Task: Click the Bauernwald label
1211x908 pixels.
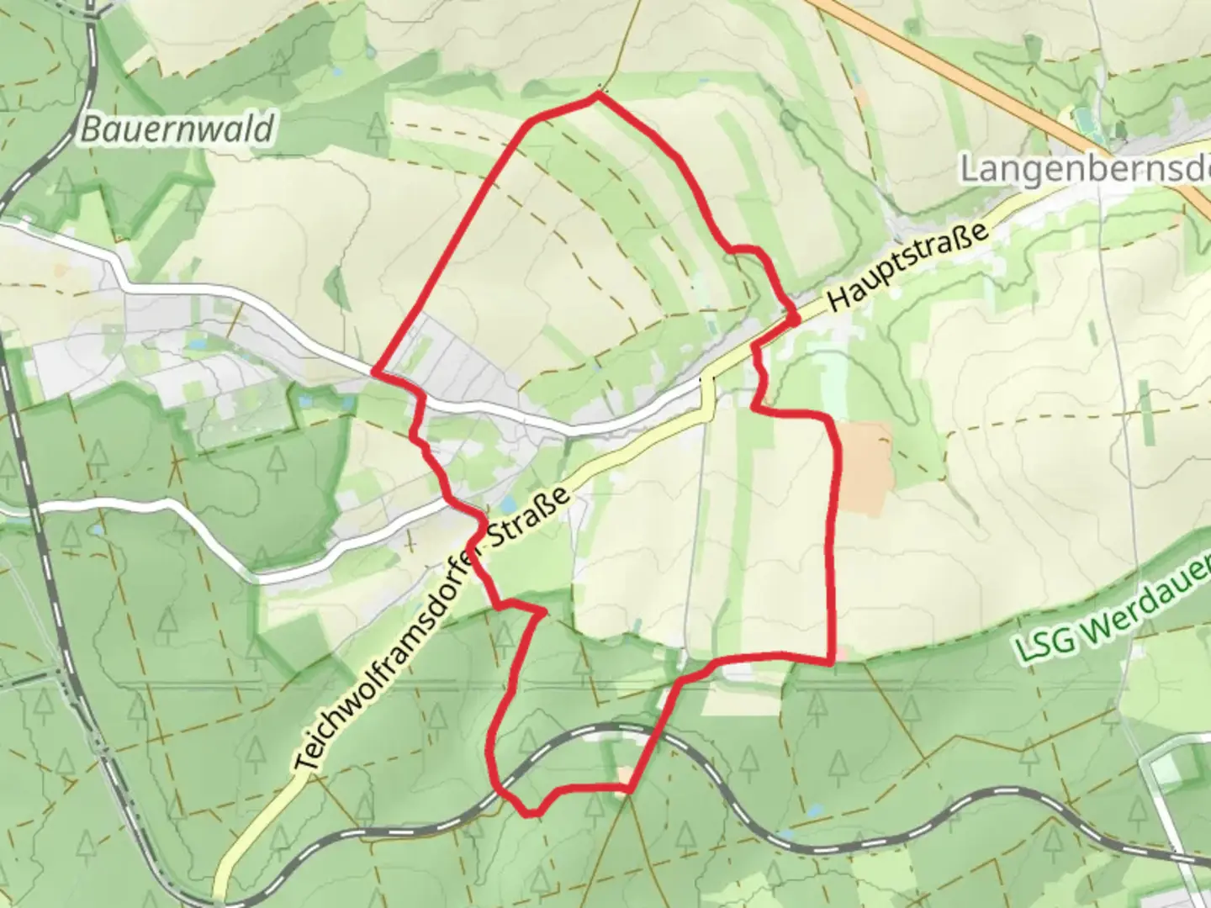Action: tap(178, 129)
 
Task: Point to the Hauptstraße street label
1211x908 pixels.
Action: tap(907, 268)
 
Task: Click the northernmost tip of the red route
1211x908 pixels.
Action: tap(598, 95)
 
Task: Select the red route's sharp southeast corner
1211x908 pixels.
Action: tap(832, 661)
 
